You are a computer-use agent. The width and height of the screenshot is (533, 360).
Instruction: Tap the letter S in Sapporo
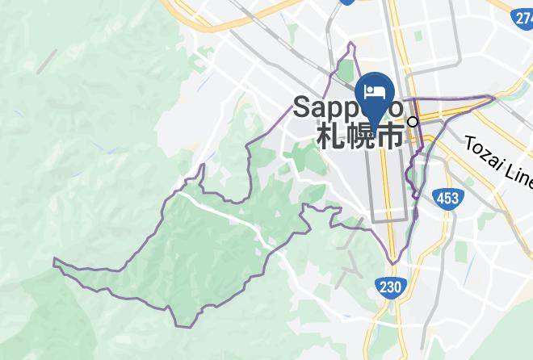302,107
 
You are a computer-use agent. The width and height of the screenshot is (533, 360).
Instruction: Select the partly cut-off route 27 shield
522,19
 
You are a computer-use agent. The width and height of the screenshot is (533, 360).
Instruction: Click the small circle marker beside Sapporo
413,122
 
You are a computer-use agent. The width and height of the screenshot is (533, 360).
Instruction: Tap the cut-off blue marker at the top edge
347,2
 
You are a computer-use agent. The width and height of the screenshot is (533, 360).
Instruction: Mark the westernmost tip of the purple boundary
54,261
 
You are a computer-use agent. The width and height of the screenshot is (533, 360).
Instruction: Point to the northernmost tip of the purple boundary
353,43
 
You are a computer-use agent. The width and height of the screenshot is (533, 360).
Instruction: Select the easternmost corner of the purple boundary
494,97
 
